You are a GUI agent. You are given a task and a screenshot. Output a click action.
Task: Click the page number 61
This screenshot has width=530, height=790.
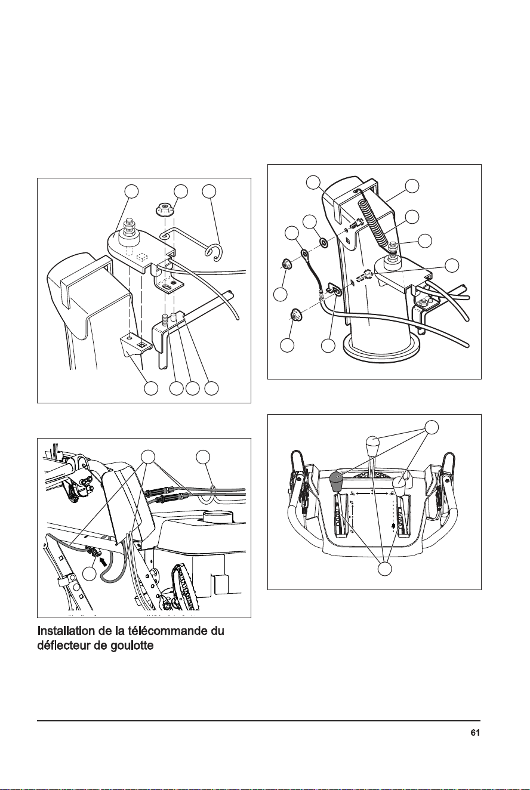(475, 733)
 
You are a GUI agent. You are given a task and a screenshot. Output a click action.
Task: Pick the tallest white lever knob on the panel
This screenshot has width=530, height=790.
(373, 446)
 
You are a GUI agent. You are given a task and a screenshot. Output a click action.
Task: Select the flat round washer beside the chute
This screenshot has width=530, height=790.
(323, 243)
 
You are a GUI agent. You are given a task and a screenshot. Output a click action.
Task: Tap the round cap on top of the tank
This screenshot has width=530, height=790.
(218, 517)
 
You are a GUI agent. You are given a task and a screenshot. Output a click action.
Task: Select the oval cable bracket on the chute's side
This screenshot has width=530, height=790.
(334, 288)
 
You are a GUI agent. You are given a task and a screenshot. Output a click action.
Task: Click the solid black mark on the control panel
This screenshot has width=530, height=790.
(393, 526)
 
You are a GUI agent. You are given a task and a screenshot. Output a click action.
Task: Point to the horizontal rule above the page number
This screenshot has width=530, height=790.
(258, 721)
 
